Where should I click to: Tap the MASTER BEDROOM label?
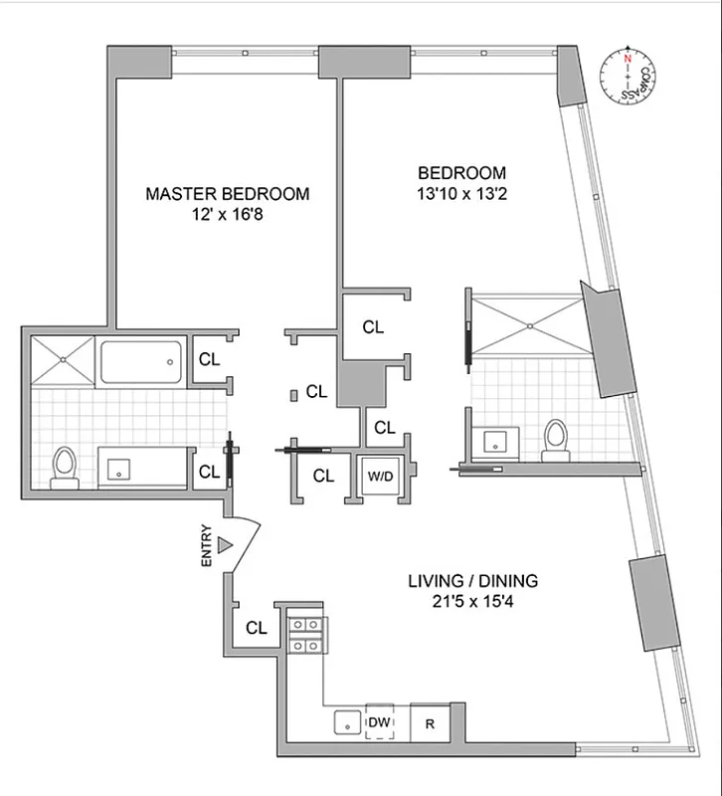(x=227, y=194)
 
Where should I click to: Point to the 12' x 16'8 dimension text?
(x=227, y=215)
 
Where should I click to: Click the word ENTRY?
(x=206, y=545)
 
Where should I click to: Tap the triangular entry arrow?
(x=226, y=545)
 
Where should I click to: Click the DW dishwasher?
(x=379, y=721)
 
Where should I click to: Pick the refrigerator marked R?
(x=431, y=723)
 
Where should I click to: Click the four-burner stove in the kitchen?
(x=304, y=634)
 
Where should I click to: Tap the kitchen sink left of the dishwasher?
(x=345, y=723)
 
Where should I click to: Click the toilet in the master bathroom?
(x=65, y=466)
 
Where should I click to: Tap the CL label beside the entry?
(x=257, y=628)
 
